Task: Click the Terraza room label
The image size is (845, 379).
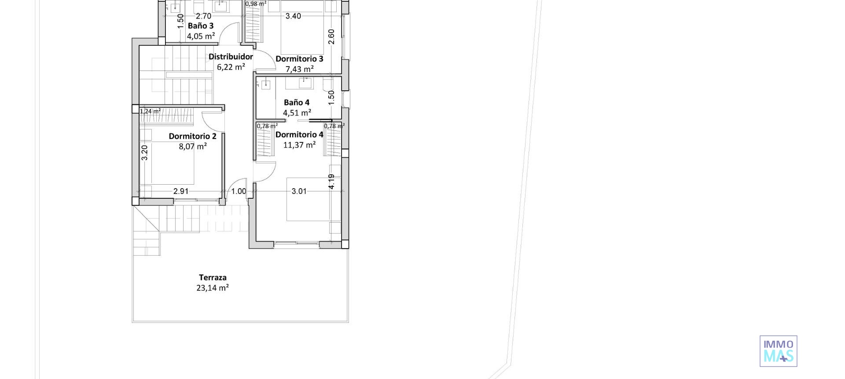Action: click(x=213, y=277)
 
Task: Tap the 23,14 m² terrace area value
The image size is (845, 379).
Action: click(x=213, y=288)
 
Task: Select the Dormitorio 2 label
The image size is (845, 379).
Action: click(x=192, y=136)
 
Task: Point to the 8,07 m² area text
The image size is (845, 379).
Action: click(x=192, y=146)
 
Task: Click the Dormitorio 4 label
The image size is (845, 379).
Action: click(x=299, y=134)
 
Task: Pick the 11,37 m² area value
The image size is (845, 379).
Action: click(x=299, y=145)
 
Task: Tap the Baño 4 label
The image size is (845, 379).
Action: click(x=297, y=102)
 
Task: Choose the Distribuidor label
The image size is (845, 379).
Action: click(x=231, y=56)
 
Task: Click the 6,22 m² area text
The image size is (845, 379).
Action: click(x=231, y=67)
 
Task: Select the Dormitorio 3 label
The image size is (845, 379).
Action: click(x=299, y=59)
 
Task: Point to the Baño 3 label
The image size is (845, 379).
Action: click(x=201, y=26)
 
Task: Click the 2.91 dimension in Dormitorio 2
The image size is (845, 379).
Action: click(x=181, y=191)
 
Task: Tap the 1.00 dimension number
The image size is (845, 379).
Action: click(x=239, y=191)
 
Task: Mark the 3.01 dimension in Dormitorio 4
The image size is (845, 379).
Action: click(x=299, y=191)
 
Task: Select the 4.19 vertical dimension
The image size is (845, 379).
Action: click(x=331, y=181)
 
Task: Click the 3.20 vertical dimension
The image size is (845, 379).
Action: click(x=145, y=152)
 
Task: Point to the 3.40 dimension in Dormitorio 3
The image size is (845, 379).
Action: click(x=293, y=16)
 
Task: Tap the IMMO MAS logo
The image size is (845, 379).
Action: click(x=778, y=351)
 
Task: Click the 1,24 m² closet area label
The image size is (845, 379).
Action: click(x=150, y=111)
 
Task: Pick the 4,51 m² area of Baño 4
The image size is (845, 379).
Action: click(x=297, y=113)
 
